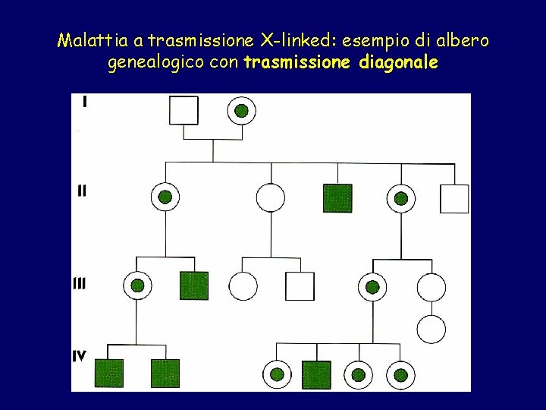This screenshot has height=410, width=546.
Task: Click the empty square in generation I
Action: pyautogui.click(x=183, y=110)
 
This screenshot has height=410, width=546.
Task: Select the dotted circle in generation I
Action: pyautogui.click(x=241, y=111)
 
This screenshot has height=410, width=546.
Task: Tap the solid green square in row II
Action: pyautogui.click(x=337, y=198)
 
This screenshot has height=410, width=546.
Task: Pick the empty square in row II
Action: pyautogui.click(x=454, y=199)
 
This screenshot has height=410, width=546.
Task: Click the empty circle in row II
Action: pyautogui.click(x=271, y=198)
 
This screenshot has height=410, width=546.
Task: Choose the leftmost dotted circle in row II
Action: pyautogui.click(x=165, y=198)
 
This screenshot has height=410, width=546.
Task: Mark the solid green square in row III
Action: pyautogui.click(x=193, y=285)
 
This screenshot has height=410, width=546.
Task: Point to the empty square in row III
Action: pyautogui.click(x=300, y=286)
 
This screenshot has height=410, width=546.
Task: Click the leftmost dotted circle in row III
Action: pyautogui.click(x=137, y=285)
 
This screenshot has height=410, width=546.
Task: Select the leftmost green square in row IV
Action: pyautogui.click(x=109, y=374)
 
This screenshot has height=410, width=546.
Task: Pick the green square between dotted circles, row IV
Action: pyautogui.click(x=316, y=374)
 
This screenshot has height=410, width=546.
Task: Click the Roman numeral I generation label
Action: pyautogui.click(x=83, y=102)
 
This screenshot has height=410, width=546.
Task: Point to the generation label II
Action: pyautogui.click(x=82, y=191)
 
